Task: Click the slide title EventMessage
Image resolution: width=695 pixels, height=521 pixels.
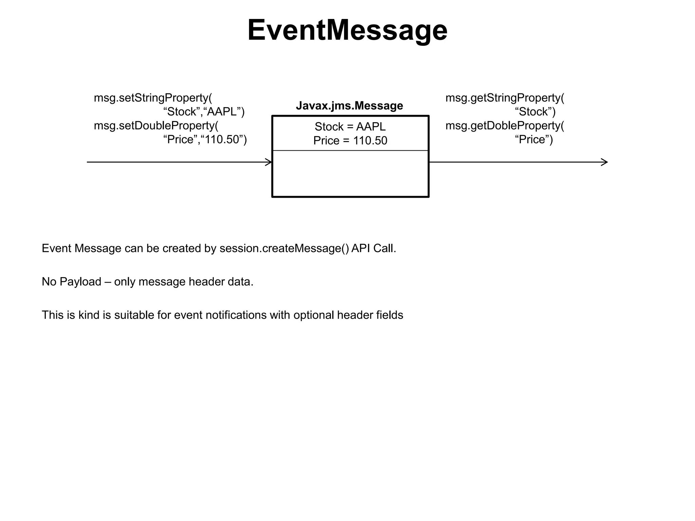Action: point(347,31)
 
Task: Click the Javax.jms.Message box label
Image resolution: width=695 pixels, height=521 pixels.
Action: point(349,106)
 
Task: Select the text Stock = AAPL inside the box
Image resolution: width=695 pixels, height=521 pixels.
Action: point(350,127)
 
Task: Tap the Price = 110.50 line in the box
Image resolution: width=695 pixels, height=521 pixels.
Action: point(350,140)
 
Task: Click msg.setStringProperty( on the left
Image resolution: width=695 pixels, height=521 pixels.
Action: point(153,98)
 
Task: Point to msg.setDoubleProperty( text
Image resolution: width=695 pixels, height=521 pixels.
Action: point(156,126)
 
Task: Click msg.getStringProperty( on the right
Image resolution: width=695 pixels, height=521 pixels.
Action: point(505,98)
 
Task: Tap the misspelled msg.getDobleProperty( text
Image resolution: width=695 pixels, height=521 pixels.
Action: point(505,126)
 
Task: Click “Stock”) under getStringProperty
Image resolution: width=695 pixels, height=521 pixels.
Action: point(535,112)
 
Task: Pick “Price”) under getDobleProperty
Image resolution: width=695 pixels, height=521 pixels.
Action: point(534,140)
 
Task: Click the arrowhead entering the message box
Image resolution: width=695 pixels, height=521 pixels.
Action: point(268,162)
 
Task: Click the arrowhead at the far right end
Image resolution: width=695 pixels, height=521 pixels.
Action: point(604,162)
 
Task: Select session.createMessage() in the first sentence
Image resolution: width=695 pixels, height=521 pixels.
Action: point(284,249)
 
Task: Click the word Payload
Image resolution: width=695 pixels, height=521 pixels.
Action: point(80,282)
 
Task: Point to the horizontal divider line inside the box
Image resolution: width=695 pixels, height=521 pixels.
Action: point(350,150)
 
